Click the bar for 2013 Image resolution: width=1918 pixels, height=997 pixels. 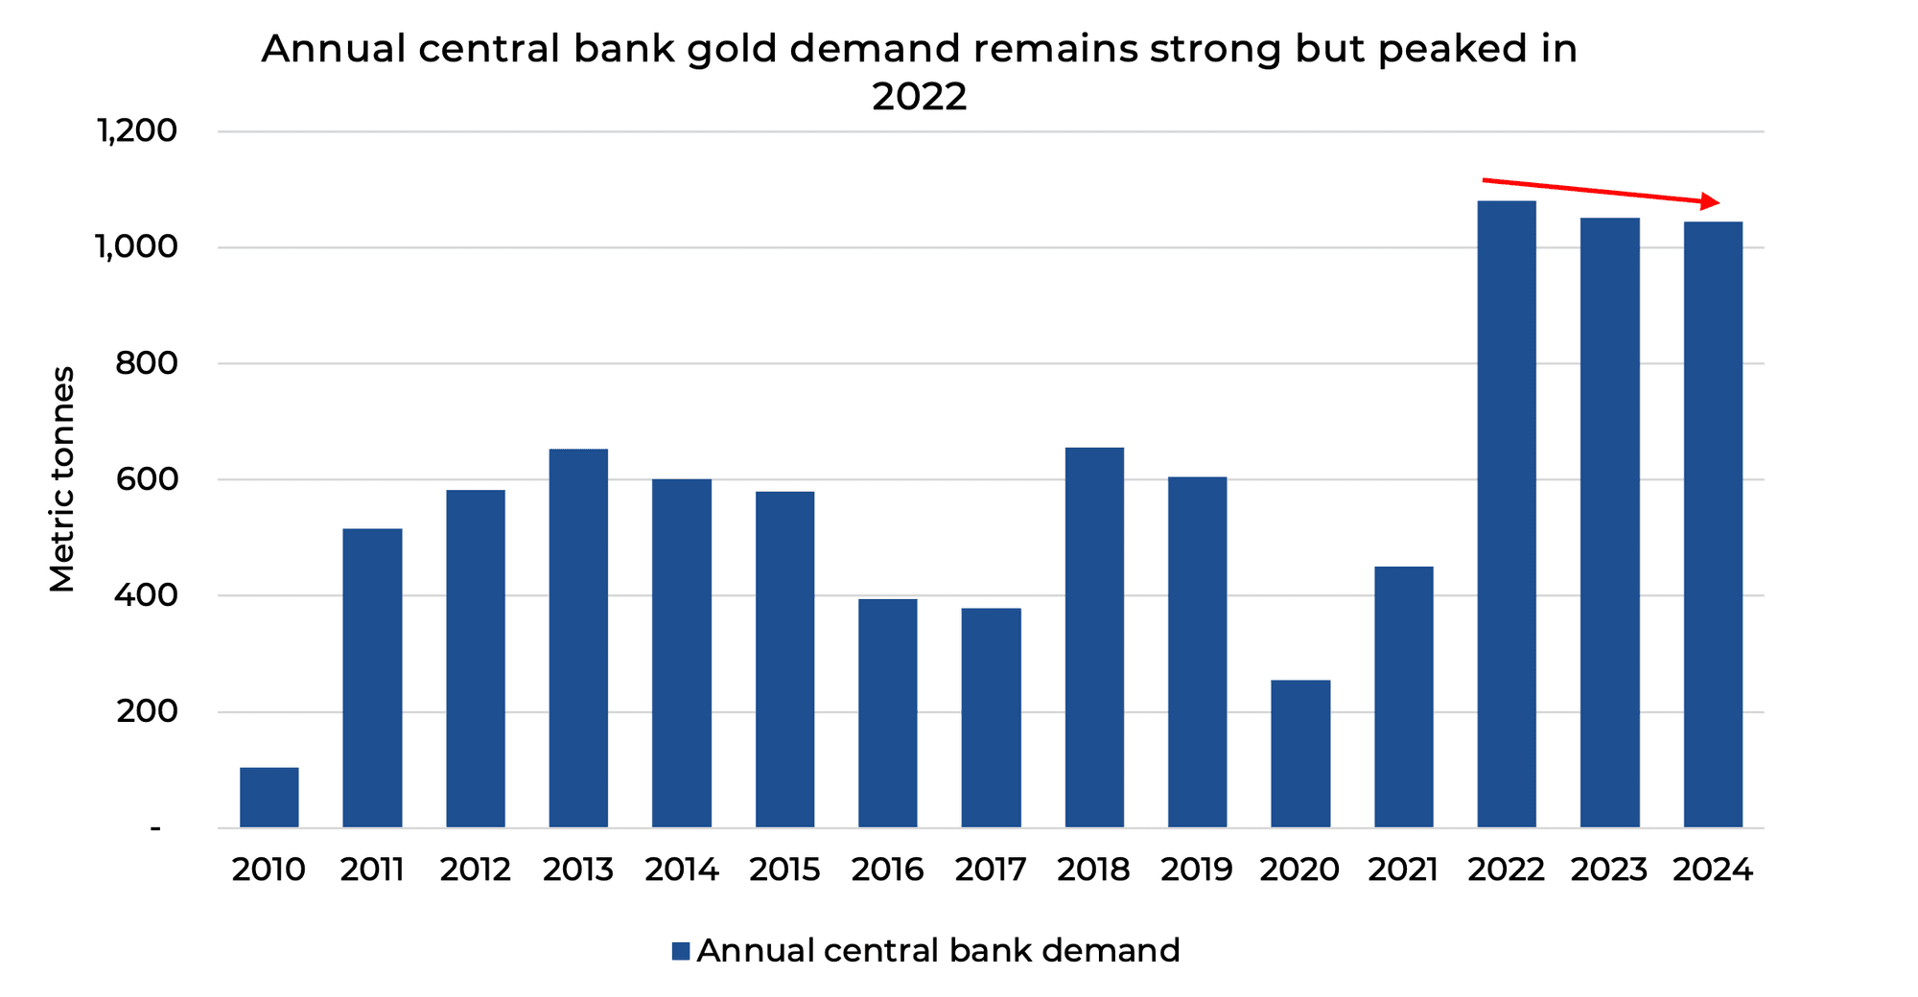tap(578, 638)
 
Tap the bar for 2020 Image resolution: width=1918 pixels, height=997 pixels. tap(1300, 754)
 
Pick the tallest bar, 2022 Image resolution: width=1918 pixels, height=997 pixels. tap(1507, 514)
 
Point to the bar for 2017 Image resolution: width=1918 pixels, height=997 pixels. tap(991, 717)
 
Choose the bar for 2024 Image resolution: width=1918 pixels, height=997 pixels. tap(1713, 524)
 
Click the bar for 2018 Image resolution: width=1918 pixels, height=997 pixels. tap(1094, 638)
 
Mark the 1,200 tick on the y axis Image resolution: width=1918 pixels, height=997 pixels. tap(136, 131)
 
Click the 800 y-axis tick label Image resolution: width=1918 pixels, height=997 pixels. tap(146, 363)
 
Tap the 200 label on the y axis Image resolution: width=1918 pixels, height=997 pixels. tap(146, 711)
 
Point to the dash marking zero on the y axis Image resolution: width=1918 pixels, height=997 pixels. tap(155, 827)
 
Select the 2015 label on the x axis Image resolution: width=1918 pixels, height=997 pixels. tap(784, 869)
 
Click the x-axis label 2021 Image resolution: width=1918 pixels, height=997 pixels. tap(1403, 869)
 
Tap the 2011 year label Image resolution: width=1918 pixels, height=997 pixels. tap(372, 869)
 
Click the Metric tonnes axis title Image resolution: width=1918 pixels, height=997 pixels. tap(62, 479)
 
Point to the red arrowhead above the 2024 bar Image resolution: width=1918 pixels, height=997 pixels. tap(1710, 201)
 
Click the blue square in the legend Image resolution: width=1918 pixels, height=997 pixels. tap(681, 951)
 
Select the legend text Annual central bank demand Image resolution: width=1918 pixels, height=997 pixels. tap(938, 951)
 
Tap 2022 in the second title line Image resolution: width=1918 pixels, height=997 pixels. tap(919, 97)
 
